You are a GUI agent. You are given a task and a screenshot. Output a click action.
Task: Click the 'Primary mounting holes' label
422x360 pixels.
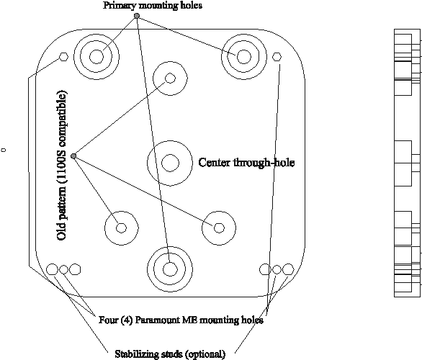point(153,5)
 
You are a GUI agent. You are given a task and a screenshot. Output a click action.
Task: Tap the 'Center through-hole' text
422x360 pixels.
point(246,163)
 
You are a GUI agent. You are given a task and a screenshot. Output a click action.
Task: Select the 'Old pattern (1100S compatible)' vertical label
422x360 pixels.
point(62,166)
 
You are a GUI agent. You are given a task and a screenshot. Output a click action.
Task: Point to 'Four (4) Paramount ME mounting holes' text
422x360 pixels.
point(181,320)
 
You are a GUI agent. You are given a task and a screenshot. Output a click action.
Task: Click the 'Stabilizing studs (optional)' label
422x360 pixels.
point(170,354)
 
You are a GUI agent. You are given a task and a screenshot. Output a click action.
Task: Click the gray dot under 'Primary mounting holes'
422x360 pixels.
point(137,16)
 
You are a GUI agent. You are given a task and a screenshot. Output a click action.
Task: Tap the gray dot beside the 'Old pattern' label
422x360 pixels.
point(73,156)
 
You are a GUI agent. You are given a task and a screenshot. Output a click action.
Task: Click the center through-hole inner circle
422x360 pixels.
point(170,163)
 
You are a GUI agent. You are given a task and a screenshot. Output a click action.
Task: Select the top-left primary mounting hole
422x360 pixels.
point(96,57)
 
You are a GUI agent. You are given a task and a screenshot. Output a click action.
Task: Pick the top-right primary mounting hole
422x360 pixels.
point(244,57)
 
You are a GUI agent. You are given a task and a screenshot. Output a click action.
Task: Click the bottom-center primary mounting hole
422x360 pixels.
point(170,269)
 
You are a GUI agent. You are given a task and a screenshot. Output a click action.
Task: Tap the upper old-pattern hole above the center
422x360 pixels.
point(170,78)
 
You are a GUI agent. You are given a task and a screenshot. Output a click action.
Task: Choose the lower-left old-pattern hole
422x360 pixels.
point(122,228)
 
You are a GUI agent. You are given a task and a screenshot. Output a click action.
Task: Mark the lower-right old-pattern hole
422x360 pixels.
point(219,228)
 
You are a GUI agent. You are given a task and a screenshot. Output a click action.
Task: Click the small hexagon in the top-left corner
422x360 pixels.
point(63,57)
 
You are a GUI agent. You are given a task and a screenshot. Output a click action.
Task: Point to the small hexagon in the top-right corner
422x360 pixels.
point(277,57)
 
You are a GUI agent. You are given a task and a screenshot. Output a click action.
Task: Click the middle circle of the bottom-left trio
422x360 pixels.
point(63,269)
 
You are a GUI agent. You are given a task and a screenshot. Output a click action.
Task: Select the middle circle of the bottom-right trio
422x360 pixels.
point(277,269)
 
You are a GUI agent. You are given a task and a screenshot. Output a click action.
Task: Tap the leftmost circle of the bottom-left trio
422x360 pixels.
point(52,269)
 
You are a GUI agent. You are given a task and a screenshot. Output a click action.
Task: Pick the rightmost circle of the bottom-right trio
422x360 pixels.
point(288,269)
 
